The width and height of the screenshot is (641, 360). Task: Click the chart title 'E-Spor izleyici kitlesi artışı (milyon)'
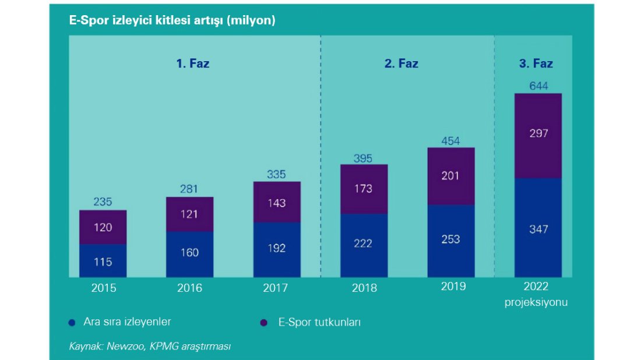[x=172, y=20]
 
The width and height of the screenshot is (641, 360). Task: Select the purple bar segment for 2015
[x=103, y=227]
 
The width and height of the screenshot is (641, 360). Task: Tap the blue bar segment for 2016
[x=189, y=254]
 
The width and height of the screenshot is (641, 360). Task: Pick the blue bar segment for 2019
[x=450, y=241]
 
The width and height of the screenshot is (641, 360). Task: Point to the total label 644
[x=538, y=86]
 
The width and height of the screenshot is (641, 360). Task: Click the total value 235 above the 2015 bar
[x=103, y=202]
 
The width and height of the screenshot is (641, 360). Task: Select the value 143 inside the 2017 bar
[x=277, y=203]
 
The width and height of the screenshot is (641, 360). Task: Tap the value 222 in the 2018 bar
[x=362, y=243]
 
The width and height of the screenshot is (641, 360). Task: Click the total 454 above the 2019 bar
[x=450, y=140]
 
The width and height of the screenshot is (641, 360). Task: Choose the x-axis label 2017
[x=277, y=288]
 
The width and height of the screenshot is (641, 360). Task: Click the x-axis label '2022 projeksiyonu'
[x=536, y=294]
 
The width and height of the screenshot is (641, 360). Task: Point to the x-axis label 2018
[x=364, y=288]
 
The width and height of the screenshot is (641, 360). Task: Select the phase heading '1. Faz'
[x=193, y=63]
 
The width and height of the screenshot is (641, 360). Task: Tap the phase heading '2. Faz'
[x=401, y=63]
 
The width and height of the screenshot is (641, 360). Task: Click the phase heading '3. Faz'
[x=536, y=63]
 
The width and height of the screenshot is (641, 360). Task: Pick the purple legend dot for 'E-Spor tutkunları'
[x=263, y=322]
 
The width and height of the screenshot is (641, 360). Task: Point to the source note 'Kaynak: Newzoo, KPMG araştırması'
[x=150, y=346]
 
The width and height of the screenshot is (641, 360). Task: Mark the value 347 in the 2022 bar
[x=538, y=230]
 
